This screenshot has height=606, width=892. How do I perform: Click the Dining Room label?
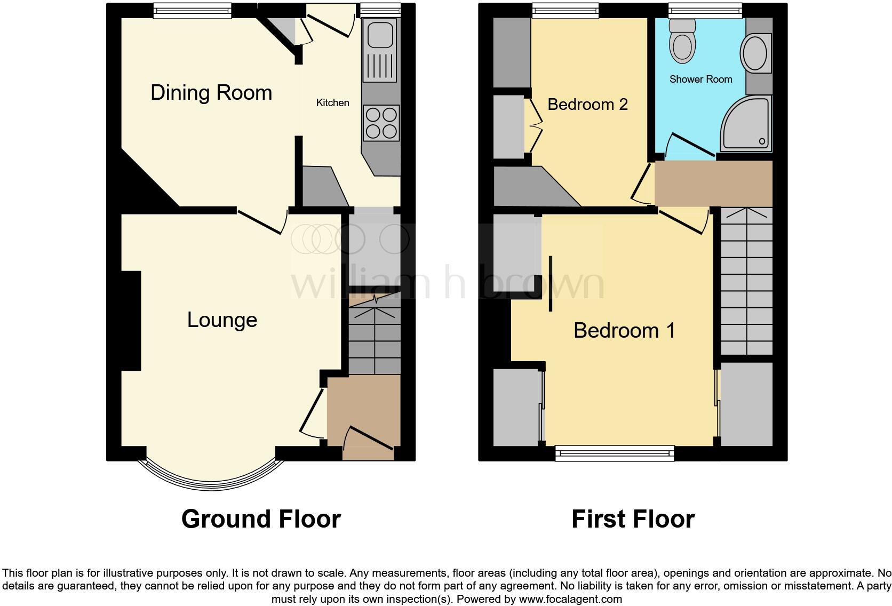click(x=211, y=93)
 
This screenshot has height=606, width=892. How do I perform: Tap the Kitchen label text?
click(x=332, y=102)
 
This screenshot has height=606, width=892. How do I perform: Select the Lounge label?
click(x=222, y=320)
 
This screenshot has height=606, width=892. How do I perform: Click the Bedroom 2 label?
click(x=587, y=104)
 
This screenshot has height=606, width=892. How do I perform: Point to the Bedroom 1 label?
click(x=624, y=330)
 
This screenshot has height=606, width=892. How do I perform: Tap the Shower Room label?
click(x=700, y=79)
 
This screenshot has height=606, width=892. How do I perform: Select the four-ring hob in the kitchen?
click(x=381, y=123)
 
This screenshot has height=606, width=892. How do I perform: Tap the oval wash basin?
click(x=754, y=53)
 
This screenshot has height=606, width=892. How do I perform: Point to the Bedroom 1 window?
click(x=615, y=453)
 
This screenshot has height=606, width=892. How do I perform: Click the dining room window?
click(x=193, y=11)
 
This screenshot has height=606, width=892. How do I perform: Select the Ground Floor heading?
click(x=261, y=519)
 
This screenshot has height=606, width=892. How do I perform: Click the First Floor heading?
click(x=633, y=519)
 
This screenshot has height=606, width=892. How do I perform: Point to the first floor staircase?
click(x=746, y=283)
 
